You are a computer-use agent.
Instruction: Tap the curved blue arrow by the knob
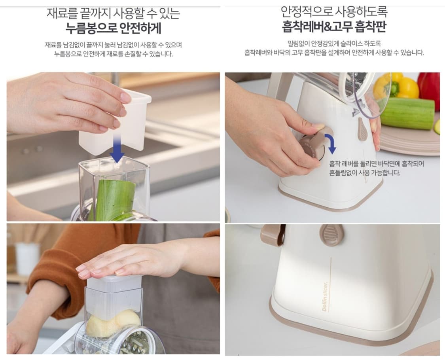(x=329, y=143)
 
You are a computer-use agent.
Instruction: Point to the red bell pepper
(x=429, y=89)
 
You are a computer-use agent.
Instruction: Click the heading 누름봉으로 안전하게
(x=113, y=28)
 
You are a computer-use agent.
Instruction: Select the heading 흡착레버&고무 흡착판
(x=334, y=27)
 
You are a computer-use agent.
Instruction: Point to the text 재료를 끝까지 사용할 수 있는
(x=113, y=13)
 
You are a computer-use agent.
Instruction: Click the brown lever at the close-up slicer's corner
(x=273, y=235)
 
